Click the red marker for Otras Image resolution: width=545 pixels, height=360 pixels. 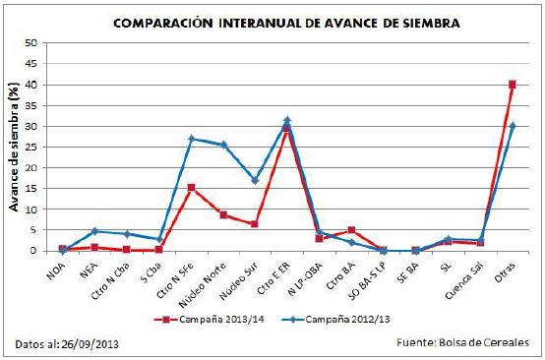click(x=512, y=85)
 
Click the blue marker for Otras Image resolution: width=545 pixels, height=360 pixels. click(x=512, y=126)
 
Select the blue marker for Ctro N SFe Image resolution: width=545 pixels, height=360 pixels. click(x=192, y=139)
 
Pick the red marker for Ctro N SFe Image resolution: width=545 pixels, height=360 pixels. click(x=192, y=188)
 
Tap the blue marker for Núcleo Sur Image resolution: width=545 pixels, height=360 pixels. click(x=255, y=180)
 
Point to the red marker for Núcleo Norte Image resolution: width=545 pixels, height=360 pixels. click(x=223, y=215)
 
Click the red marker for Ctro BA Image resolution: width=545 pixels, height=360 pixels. click(x=351, y=230)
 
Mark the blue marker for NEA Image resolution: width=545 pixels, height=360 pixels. click(x=94, y=231)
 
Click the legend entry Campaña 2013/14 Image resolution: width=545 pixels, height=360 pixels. click(x=210, y=320)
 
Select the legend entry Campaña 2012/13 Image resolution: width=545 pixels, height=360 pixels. click(x=335, y=320)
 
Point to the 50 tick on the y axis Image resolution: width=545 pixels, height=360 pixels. click(x=30, y=43)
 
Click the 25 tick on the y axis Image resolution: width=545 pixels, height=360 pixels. click(x=30, y=147)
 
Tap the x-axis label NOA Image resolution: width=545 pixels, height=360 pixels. click(x=57, y=270)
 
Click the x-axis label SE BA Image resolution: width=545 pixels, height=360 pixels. click(x=409, y=272)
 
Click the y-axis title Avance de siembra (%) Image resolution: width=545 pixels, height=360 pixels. click(x=14, y=147)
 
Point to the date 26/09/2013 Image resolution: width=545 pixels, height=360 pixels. click(x=91, y=344)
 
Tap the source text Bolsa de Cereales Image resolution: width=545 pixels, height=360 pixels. click(x=484, y=342)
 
